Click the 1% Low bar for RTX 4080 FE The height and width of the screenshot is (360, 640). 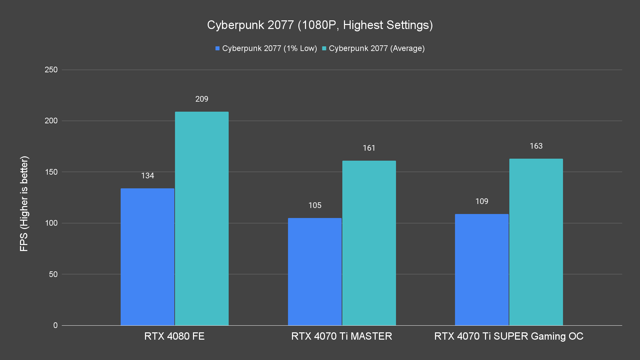click(147, 257)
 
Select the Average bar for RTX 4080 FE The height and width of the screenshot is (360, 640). click(202, 218)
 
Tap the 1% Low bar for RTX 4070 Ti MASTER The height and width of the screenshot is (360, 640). click(315, 272)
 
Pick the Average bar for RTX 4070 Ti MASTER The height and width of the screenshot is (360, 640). click(369, 243)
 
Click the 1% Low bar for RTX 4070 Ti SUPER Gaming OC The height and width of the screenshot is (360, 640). click(482, 270)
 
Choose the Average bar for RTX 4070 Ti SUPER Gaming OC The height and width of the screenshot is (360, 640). click(536, 242)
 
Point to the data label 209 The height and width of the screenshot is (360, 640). click(202, 99)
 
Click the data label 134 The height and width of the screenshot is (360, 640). click(147, 176)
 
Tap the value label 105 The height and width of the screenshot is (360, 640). click(315, 205)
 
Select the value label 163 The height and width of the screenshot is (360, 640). click(536, 146)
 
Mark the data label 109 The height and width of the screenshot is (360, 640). click(482, 201)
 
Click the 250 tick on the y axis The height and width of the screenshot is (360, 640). click(51, 70)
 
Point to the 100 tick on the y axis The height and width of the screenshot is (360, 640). click(51, 223)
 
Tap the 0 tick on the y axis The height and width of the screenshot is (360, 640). click(55, 325)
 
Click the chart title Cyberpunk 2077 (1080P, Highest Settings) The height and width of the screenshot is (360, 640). click(320, 25)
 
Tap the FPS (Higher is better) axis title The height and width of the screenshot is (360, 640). click(24, 203)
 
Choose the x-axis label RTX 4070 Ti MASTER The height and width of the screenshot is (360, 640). click(342, 336)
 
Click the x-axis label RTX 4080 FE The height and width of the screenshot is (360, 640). click(174, 336)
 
